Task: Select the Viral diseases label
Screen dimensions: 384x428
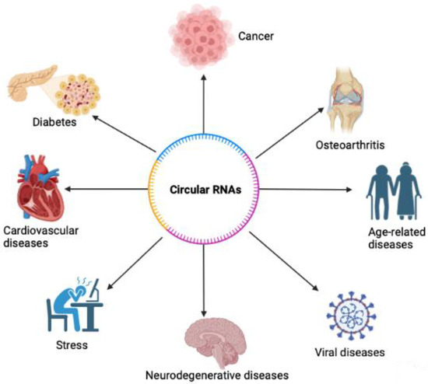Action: [x=354, y=353]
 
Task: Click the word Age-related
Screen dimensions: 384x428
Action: [x=377, y=232]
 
